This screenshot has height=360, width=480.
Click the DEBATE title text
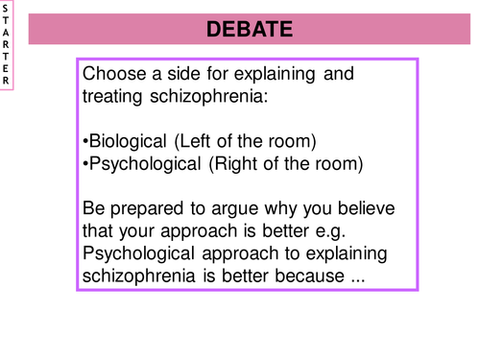coord(249,30)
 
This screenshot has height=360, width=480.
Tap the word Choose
coord(113,74)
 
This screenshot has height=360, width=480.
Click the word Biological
coord(128,142)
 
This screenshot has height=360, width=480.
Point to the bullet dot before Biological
coord(85,143)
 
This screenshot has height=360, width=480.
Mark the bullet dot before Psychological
coord(85,165)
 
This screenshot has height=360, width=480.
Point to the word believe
coord(367,210)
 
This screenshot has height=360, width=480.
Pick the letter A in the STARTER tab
coord(6,39)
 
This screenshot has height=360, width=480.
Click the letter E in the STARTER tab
coord(6,67)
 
